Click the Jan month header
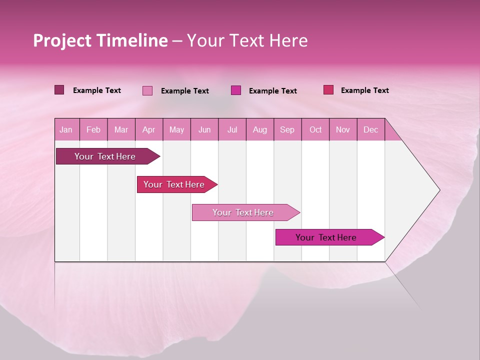pos(66,129)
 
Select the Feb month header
pos(93,129)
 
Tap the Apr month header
pos(148,129)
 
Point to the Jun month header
pos(204,129)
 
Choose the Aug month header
pos(259,129)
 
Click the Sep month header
pos(287,129)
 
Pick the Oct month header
pos(315,129)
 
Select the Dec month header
pos(370,129)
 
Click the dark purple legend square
pos(59,90)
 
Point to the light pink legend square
pos(147,90)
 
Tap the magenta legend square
pos(236,90)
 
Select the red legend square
pos(328,90)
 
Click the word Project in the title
pos(62,40)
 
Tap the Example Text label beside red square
pos(364,90)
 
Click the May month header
pos(176,129)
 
